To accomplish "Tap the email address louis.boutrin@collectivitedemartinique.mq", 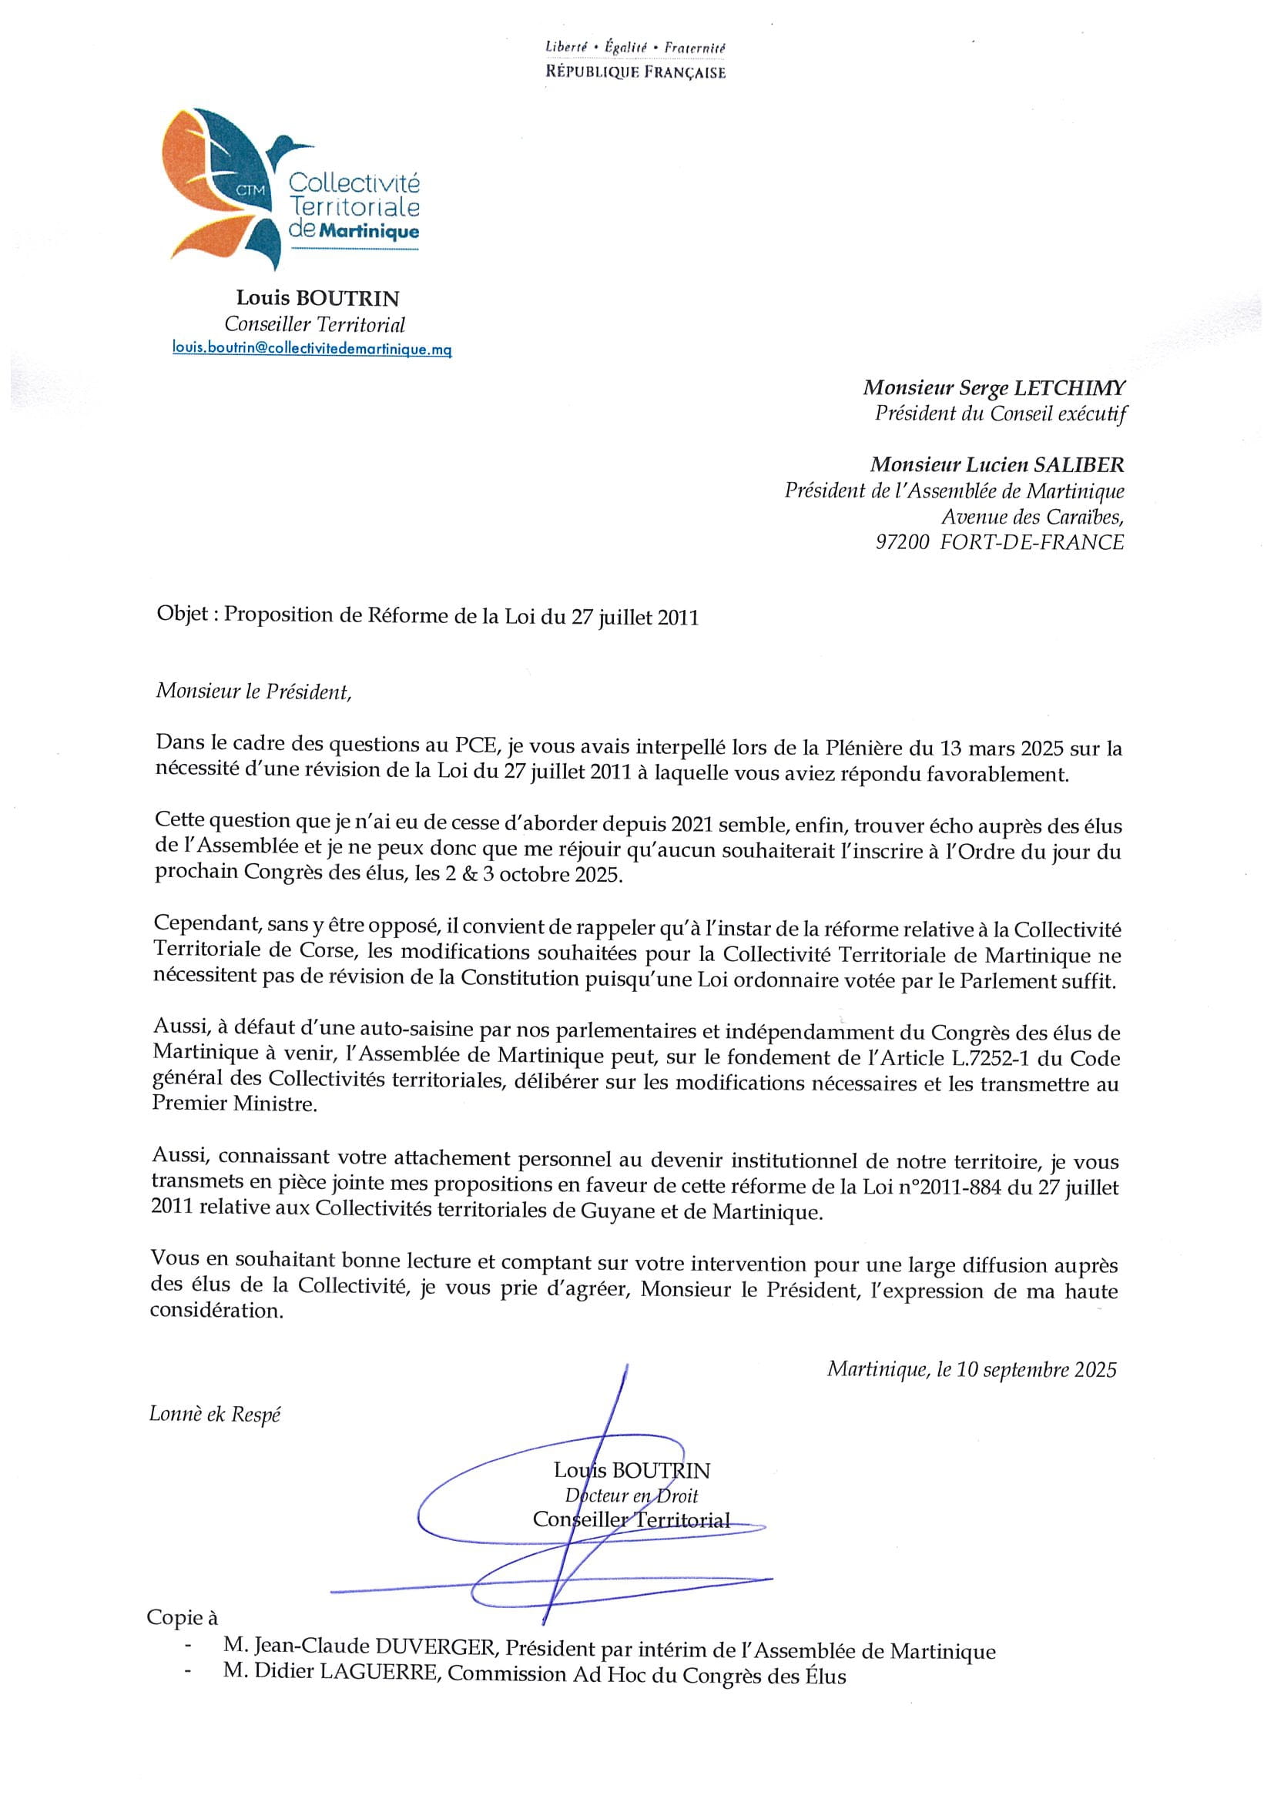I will click(x=312, y=349).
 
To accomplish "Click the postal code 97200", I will click(x=902, y=542).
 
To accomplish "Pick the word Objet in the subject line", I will click(x=182, y=615).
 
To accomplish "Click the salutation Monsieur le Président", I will click(x=253, y=692).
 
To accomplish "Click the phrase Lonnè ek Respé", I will click(x=214, y=1415).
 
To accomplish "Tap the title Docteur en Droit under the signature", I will click(x=631, y=1496).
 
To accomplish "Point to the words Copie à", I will click(x=182, y=1617).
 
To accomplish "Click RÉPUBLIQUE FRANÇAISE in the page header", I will click(x=635, y=72).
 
